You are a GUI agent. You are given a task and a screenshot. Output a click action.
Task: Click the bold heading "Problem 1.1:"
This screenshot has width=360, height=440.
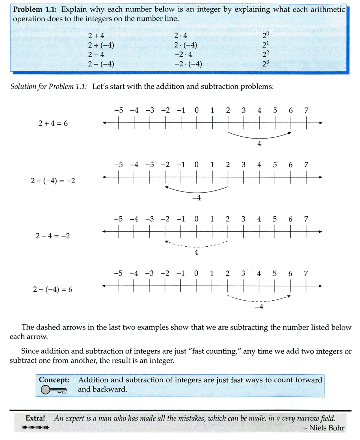click(36, 10)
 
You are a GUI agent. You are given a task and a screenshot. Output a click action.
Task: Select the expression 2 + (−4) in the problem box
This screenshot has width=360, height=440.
click(100, 46)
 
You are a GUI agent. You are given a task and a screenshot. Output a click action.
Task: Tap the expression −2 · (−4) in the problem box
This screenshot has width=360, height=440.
click(188, 64)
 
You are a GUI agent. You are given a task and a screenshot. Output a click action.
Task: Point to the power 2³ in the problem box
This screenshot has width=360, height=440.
click(266, 64)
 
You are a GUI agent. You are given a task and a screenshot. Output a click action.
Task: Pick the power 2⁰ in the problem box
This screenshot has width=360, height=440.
click(266, 36)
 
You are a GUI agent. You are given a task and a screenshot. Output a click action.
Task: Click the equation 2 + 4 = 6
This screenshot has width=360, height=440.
click(53, 123)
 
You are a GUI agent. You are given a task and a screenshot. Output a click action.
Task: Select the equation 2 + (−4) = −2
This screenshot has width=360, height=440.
click(53, 181)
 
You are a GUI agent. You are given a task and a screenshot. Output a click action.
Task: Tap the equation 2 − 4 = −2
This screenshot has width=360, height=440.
click(53, 236)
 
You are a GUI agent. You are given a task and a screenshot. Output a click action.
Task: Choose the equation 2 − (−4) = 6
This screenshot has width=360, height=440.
click(53, 289)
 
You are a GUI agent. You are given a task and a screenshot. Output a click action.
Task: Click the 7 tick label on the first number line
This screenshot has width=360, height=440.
click(306, 110)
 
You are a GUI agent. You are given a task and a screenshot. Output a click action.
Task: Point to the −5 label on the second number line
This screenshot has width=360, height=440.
click(118, 164)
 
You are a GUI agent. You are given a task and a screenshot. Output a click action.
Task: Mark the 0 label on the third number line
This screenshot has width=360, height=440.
click(196, 219)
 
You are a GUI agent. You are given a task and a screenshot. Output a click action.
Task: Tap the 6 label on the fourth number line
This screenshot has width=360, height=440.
click(290, 274)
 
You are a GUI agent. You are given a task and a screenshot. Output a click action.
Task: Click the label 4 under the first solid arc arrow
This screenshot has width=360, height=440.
click(259, 143)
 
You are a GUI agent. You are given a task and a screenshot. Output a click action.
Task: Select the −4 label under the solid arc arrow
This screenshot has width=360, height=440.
click(196, 198)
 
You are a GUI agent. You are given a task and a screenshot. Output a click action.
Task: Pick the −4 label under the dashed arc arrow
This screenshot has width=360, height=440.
click(258, 307)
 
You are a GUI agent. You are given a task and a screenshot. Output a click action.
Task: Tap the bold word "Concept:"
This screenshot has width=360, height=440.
click(54, 380)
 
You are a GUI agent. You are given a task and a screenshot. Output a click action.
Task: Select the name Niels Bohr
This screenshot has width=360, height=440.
click(326, 428)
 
